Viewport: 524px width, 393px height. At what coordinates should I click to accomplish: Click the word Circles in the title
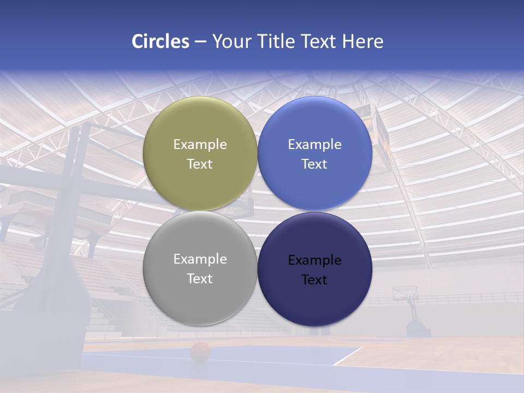(160, 41)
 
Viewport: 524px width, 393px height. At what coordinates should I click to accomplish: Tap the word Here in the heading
(362, 41)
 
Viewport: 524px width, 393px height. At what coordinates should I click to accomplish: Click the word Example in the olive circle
(200, 145)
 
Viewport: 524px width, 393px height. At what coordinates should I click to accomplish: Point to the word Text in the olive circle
(200, 164)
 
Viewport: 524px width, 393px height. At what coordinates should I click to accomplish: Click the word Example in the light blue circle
(315, 145)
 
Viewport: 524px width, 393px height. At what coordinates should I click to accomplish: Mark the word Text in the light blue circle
(315, 164)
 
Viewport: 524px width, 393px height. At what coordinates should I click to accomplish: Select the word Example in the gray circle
(200, 259)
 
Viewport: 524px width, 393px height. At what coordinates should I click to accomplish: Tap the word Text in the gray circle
(200, 279)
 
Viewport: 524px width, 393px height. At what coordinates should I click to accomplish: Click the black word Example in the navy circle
(315, 260)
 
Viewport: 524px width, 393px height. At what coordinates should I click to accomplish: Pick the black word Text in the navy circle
(315, 280)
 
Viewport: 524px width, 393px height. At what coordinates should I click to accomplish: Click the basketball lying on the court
(200, 352)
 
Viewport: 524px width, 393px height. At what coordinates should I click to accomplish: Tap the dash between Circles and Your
(200, 42)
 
